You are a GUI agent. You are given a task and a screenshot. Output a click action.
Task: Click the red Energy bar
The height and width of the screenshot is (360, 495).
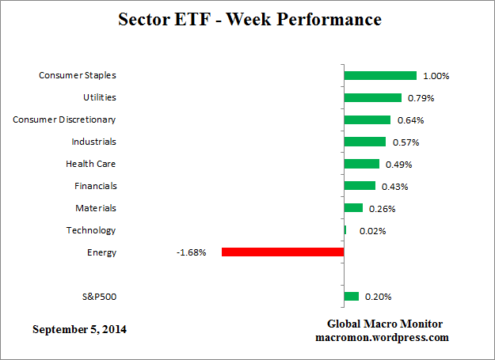click(283, 252)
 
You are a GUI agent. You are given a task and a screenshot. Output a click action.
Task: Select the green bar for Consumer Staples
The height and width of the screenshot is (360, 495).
click(380, 76)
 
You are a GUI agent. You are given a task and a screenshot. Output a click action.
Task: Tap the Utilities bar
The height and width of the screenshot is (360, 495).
click(372, 98)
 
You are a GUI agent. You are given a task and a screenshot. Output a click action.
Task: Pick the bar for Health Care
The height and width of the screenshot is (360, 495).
click(362, 164)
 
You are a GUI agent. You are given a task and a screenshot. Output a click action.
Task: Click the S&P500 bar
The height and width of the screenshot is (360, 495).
click(352, 297)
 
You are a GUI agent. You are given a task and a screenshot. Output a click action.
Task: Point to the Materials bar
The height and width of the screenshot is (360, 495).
click(353, 208)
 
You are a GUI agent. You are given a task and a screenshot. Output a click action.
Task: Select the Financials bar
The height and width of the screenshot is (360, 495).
click(360, 186)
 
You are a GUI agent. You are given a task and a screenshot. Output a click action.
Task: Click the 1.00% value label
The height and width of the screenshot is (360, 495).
click(436, 76)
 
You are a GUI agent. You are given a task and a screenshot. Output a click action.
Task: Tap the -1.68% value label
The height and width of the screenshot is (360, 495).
click(192, 253)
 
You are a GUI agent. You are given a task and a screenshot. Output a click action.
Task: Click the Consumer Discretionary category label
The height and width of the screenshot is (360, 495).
click(64, 119)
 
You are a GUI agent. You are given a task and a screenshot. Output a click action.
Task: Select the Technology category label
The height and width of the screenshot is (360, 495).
click(91, 230)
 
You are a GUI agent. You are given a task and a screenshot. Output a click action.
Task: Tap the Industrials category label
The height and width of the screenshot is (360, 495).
click(93, 142)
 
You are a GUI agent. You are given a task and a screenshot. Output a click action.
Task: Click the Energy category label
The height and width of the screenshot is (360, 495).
click(101, 252)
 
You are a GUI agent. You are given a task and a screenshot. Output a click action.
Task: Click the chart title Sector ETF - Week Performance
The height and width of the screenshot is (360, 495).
click(249, 19)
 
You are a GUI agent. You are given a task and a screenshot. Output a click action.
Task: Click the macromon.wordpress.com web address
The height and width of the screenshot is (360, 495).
click(385, 337)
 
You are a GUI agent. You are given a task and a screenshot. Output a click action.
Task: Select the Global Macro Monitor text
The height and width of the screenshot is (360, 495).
click(385, 324)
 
